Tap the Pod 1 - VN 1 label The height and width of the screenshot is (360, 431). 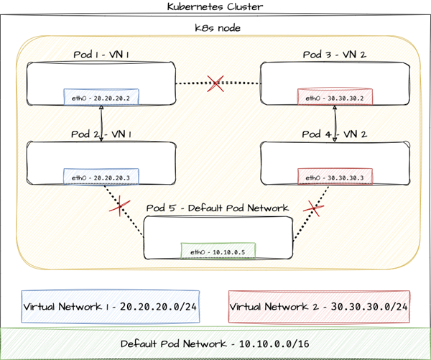coord(102,55)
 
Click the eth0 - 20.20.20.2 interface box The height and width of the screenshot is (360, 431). coord(101,97)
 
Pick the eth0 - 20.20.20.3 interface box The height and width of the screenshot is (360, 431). coord(101,177)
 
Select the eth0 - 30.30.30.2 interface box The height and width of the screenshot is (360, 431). coord(335,97)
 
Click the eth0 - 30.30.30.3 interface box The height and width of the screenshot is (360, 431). coord(335,177)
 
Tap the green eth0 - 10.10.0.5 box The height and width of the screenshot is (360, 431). coord(218,251)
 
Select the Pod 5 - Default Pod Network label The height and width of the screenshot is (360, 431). coord(217,208)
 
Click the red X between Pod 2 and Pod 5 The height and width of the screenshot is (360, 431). coord(121,208)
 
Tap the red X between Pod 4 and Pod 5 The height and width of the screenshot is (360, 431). coord(312,208)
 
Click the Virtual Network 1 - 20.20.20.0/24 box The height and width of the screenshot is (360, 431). coord(110,307)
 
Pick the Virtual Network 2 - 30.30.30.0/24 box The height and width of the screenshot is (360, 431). coord(319,307)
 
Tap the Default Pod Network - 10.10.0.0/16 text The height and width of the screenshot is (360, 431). coord(216,343)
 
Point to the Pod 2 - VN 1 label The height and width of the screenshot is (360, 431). coord(102,134)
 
